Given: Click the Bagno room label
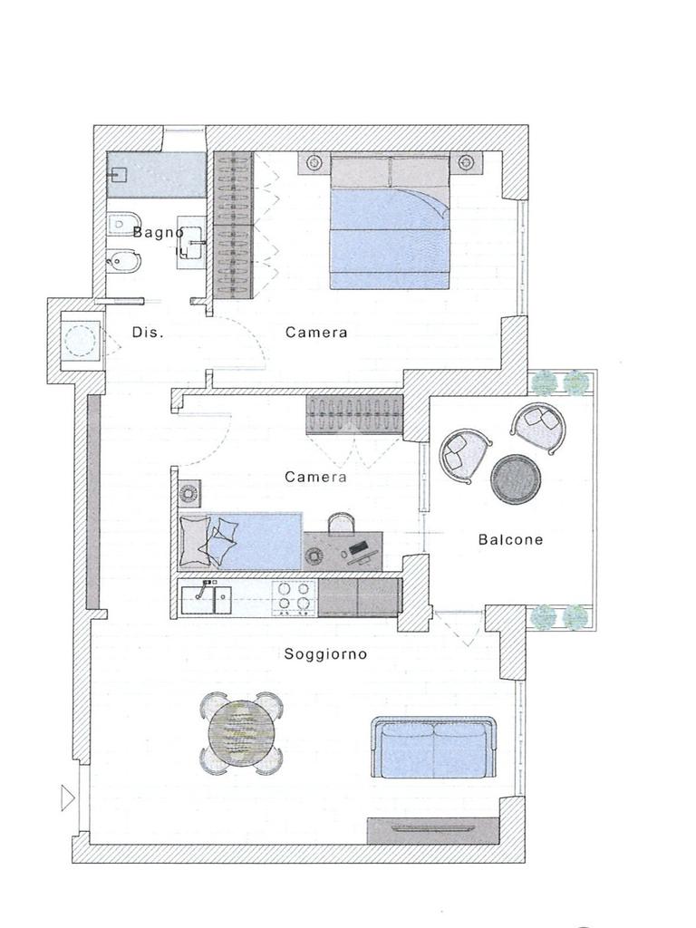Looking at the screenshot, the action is [158, 232].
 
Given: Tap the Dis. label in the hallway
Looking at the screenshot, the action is [148, 333].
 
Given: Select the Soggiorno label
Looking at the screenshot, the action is [325, 654].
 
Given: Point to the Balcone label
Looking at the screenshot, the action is [510, 539].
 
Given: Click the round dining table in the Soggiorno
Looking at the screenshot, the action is [241, 733].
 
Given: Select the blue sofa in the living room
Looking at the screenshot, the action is [433, 747].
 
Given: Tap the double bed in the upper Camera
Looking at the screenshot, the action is [390, 222].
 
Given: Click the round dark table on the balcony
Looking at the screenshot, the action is [516, 479].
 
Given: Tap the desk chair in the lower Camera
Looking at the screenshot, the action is [342, 523].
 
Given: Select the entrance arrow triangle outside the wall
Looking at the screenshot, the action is [68, 798].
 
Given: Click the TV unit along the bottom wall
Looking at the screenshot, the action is [432, 831].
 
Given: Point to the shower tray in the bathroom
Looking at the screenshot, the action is [156, 175].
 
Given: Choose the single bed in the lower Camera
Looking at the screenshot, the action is [239, 542].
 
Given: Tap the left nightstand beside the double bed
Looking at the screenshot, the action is [314, 161].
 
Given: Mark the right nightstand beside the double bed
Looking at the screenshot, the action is [467, 161].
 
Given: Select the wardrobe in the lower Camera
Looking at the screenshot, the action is [354, 415].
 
